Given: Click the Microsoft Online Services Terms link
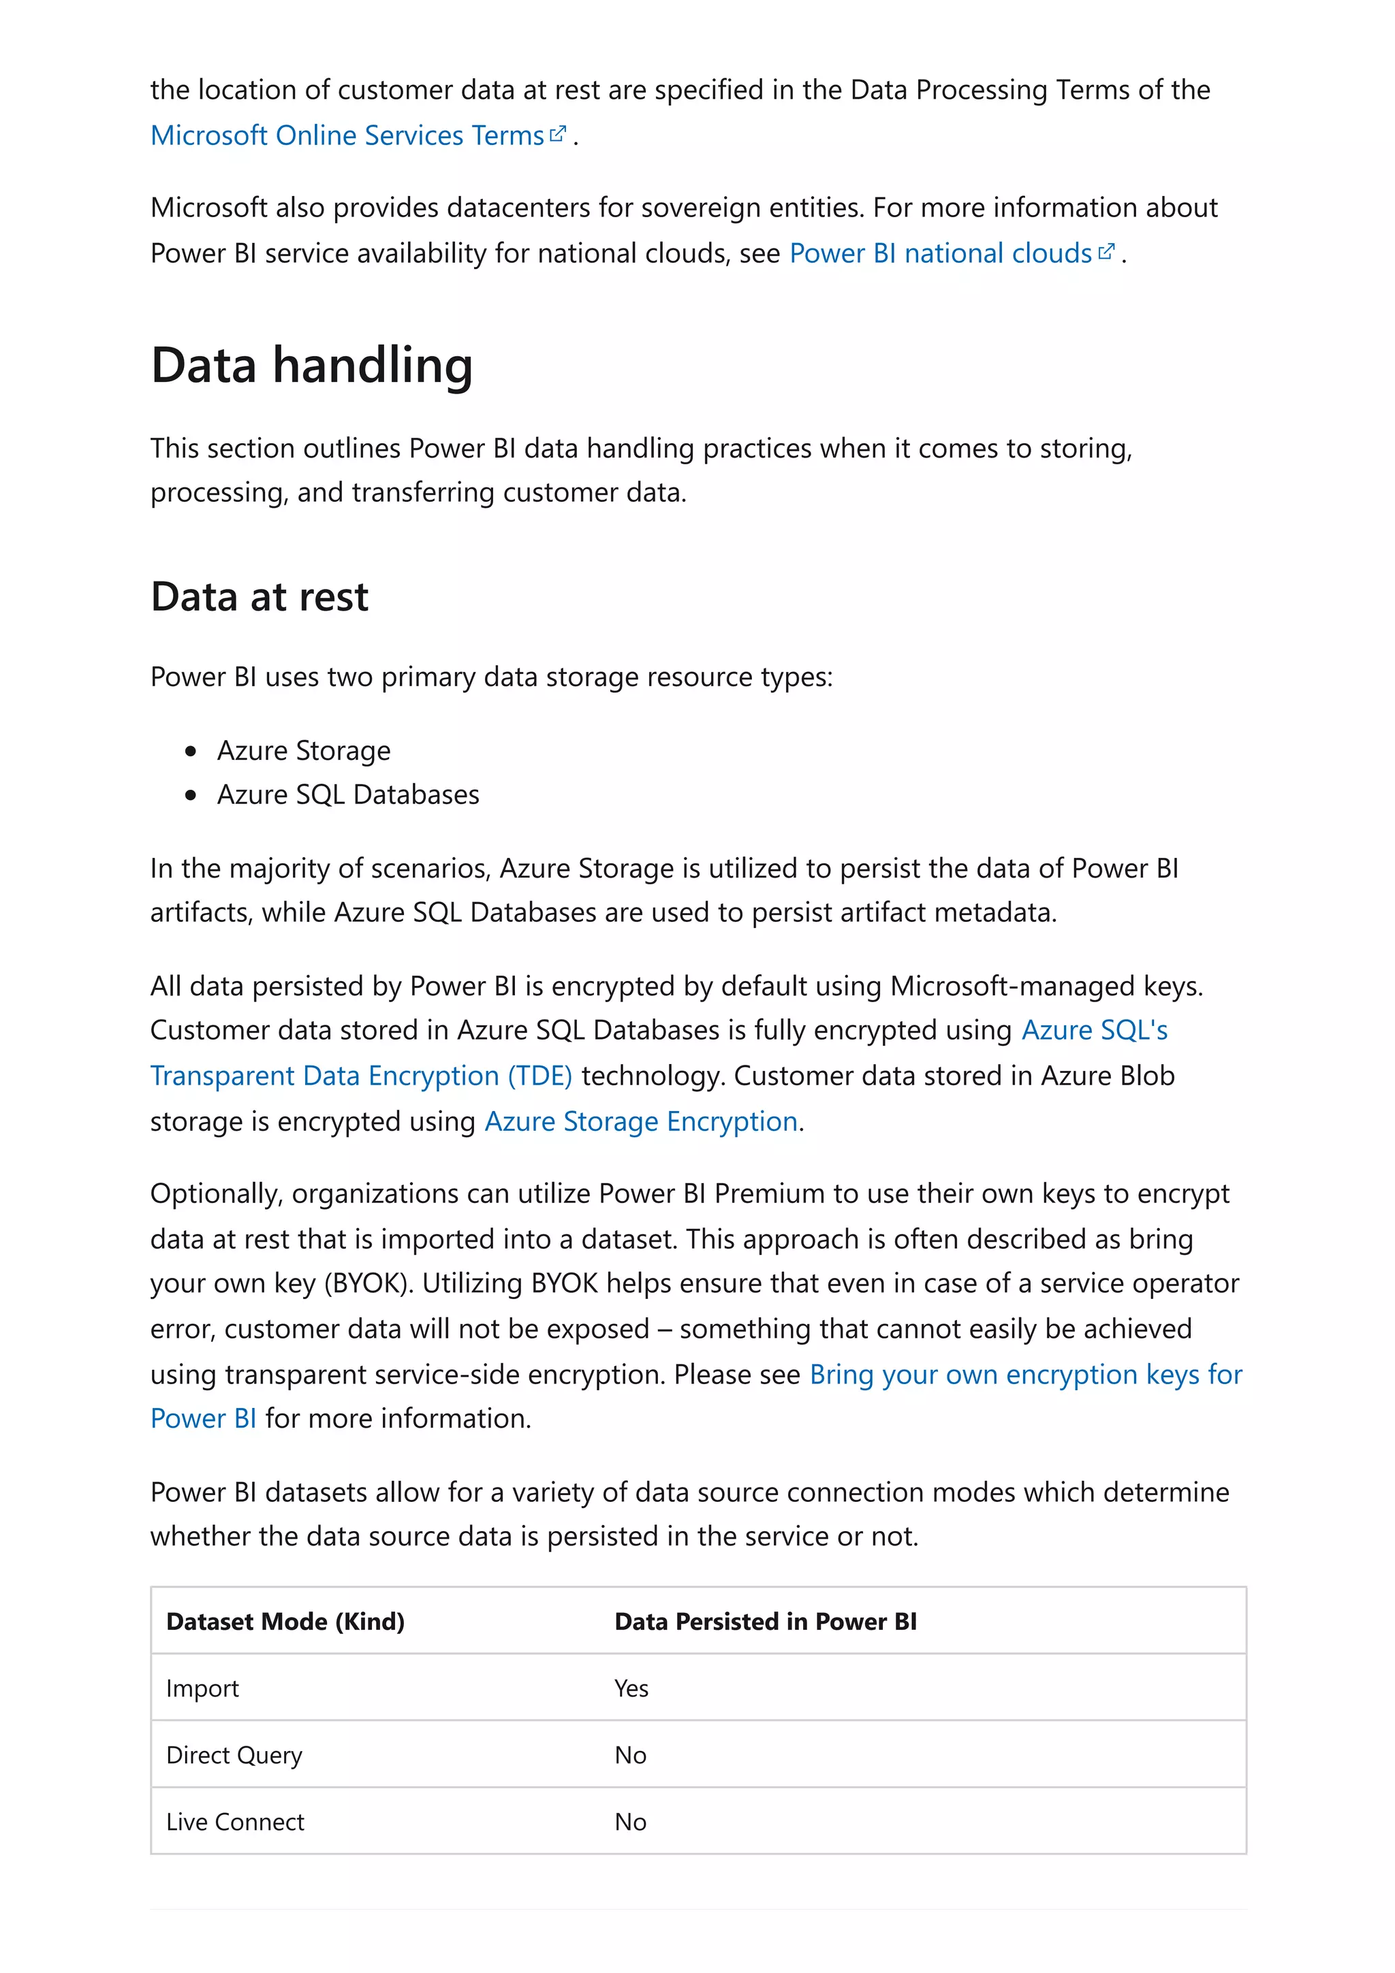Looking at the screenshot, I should [x=347, y=135].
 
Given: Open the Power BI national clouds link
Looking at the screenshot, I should [x=939, y=253].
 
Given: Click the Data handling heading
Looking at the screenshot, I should [x=311, y=365].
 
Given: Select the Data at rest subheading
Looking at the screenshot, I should [x=259, y=596].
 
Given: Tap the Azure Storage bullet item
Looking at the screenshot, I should [x=303, y=750].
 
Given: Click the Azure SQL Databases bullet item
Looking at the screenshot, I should [x=347, y=795].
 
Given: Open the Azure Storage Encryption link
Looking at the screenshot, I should [x=641, y=1121].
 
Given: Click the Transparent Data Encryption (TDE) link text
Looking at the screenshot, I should [x=361, y=1076].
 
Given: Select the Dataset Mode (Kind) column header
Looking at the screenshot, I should [x=285, y=1622].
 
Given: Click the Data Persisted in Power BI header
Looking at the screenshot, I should [x=765, y=1622].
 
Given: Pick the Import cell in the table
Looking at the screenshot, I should [x=202, y=1688].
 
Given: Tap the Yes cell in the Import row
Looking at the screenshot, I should [x=631, y=1688].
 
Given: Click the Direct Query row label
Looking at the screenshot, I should [x=234, y=1756].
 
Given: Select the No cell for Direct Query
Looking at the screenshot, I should [x=630, y=1756].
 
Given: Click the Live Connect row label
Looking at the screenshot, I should [x=234, y=1822].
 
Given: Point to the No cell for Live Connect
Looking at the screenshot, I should [x=630, y=1822].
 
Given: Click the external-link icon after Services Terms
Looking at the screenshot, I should [x=558, y=133].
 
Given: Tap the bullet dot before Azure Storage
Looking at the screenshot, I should [x=191, y=751].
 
